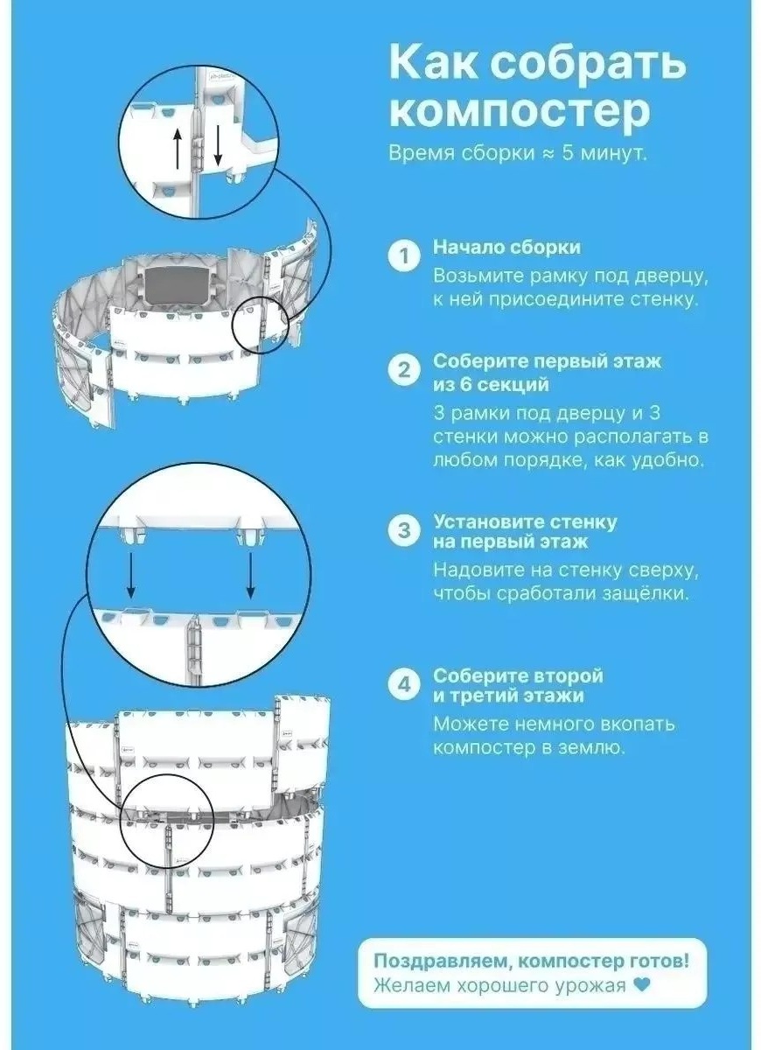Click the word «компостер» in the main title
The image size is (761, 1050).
[x=520, y=114]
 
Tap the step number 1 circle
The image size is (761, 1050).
[x=404, y=256]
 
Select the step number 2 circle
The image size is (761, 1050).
[x=404, y=371]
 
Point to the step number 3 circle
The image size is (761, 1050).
[x=404, y=531]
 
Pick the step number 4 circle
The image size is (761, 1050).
[x=404, y=685]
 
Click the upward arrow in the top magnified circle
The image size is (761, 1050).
[x=177, y=148]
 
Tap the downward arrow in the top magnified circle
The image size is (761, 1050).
[x=217, y=147]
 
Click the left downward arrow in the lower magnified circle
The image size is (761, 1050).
[x=130, y=576]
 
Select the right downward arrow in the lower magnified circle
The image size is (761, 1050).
[x=251, y=576]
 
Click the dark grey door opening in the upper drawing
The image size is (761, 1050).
[x=176, y=285]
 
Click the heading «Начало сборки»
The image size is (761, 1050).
[x=506, y=248]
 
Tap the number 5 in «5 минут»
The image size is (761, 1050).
[x=568, y=153]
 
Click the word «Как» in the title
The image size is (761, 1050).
[x=432, y=62]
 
